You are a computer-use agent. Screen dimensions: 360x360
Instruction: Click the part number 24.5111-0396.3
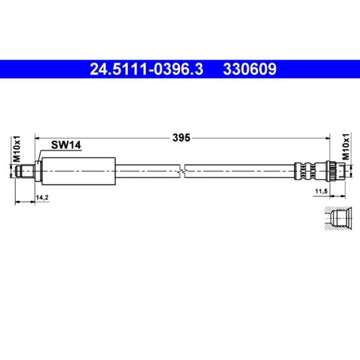(146, 69)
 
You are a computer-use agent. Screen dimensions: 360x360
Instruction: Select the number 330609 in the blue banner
(250, 69)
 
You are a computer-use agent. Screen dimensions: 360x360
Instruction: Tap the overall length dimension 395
(181, 137)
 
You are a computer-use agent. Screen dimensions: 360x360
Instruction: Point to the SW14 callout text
(66, 145)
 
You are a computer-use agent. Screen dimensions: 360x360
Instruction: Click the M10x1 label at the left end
(17, 149)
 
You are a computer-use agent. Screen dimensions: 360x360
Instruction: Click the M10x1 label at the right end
(346, 147)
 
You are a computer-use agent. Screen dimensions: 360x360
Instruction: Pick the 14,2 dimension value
(43, 198)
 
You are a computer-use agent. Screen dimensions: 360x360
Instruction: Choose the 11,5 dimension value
(321, 191)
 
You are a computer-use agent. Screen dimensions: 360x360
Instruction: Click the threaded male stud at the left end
(25, 171)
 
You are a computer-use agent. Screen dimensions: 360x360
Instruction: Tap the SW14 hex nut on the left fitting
(38, 171)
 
